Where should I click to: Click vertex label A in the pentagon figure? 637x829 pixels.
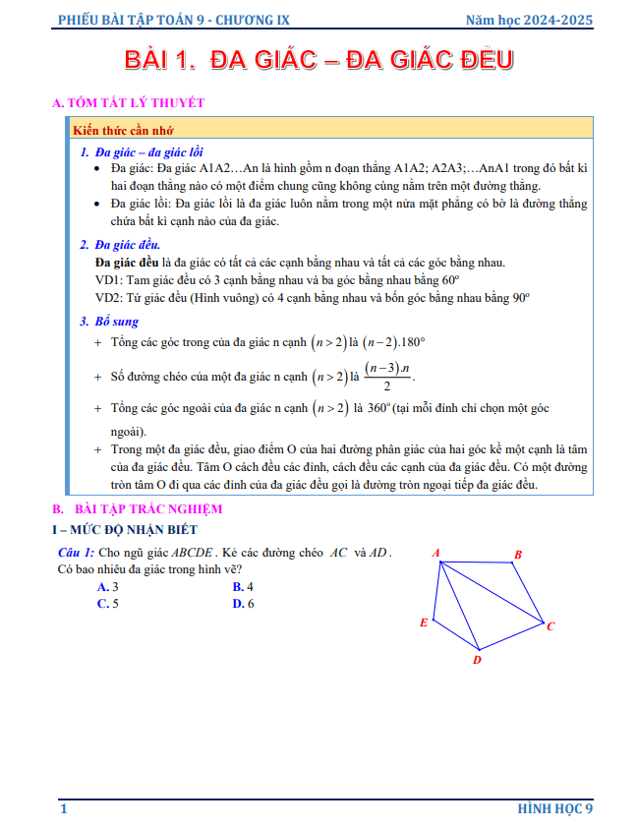coord(435,552)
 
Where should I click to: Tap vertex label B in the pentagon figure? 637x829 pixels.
coord(518,555)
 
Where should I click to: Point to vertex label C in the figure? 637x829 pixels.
coord(550,626)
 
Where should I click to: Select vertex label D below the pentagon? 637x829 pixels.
coord(477,660)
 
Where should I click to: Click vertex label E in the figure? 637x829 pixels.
coord(424,622)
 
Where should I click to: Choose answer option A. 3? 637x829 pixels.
coord(108,587)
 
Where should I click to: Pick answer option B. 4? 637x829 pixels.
coord(243,587)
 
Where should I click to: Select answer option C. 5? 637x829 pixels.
coord(108,604)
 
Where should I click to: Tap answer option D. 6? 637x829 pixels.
coord(243,604)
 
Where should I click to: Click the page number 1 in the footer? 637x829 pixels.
coord(64,808)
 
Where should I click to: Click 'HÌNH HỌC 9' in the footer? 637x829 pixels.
coord(555,808)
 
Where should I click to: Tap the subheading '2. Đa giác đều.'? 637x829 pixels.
coord(120,245)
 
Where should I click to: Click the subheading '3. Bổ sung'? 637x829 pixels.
coord(109,322)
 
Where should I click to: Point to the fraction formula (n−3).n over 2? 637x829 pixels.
coord(388,376)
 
